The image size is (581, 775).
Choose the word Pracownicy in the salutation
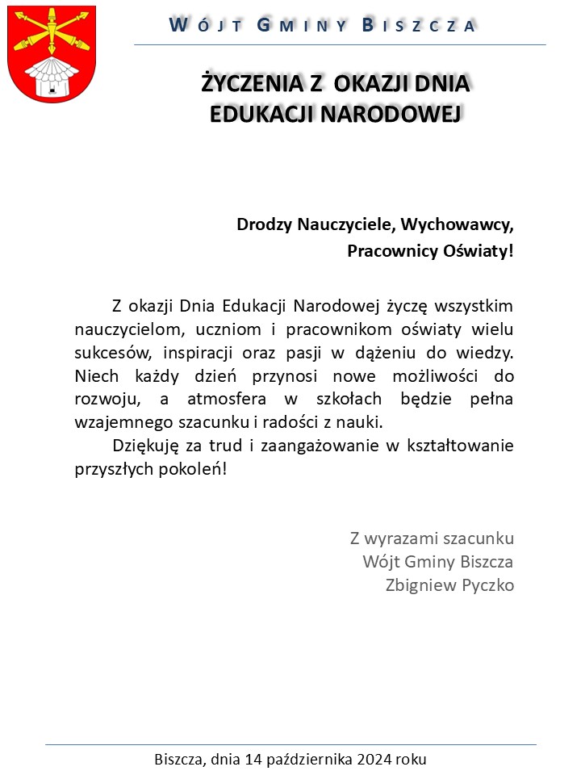[x=383, y=251]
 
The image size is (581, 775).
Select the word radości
[x=298, y=422]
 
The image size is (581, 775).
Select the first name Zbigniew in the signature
[x=421, y=584]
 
